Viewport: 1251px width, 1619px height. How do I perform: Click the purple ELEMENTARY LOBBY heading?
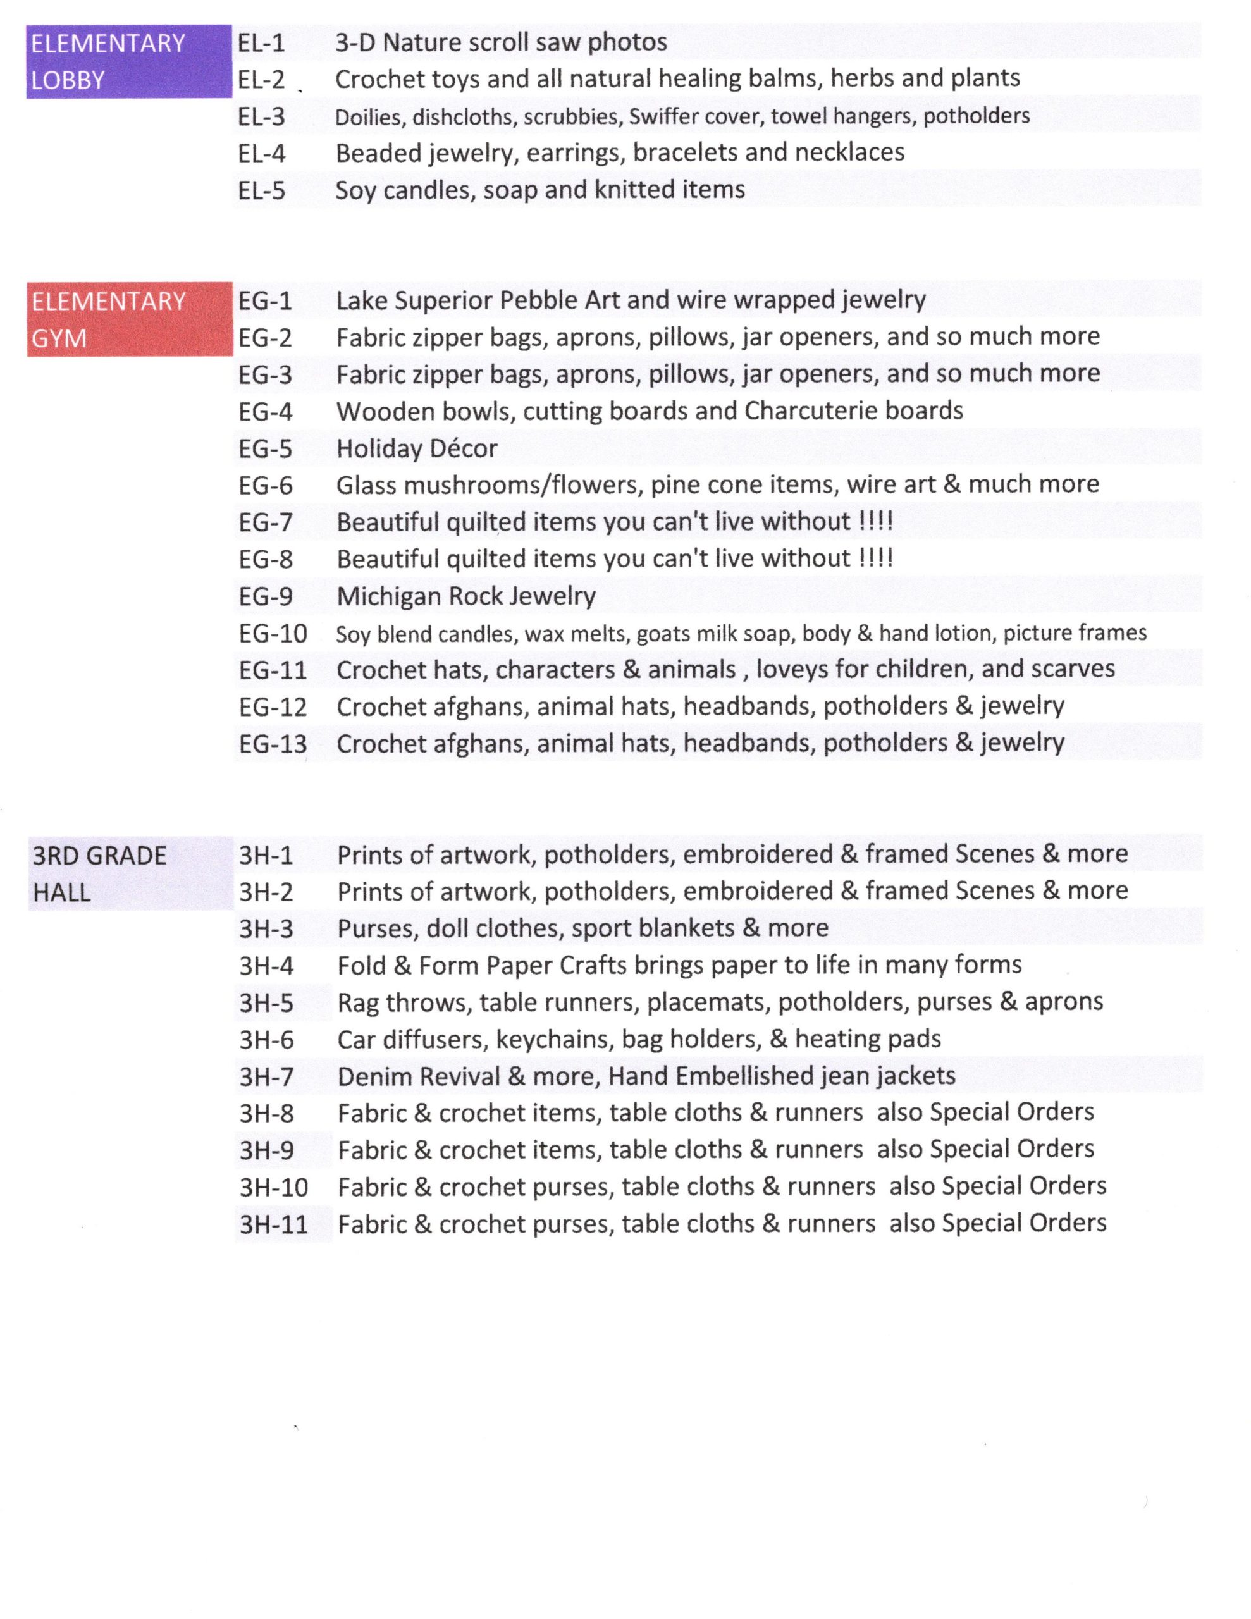click(x=128, y=61)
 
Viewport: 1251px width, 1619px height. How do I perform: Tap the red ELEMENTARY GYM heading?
click(x=129, y=319)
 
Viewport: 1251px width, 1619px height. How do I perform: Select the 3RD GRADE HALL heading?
click(x=130, y=873)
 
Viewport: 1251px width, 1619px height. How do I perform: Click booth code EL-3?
click(x=261, y=117)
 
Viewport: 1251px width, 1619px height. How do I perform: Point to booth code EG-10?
click(x=272, y=634)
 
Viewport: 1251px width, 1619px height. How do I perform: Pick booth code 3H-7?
click(x=266, y=1076)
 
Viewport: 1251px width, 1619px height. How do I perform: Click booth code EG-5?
click(x=265, y=449)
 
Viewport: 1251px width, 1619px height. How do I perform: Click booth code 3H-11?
click(x=273, y=1224)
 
